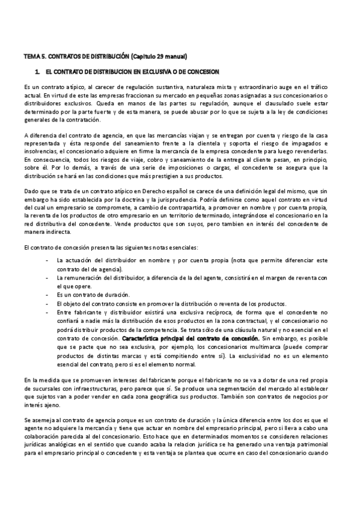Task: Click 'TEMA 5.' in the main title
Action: pyautogui.click(x=32, y=56)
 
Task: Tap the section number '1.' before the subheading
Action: pyautogui.click(x=37, y=72)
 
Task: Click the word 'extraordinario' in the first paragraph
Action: pyautogui.click(x=234, y=87)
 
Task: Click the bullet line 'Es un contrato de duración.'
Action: pyautogui.click(x=93, y=295)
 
